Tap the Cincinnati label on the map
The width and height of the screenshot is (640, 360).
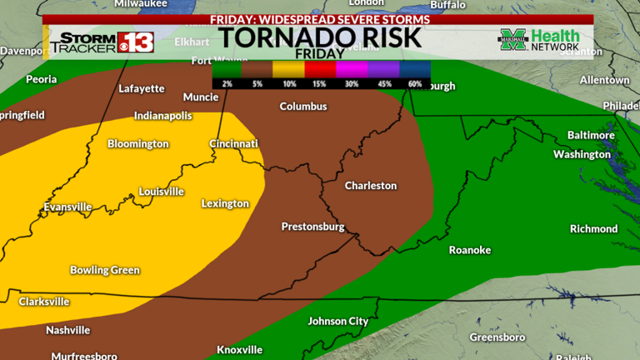click(233, 143)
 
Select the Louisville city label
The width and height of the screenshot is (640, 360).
click(161, 191)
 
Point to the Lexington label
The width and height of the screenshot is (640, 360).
click(225, 203)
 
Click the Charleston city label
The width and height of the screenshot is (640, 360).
click(371, 185)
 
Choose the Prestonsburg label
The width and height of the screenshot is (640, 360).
click(312, 226)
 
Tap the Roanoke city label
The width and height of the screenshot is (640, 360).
click(470, 250)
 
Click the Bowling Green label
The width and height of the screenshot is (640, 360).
click(105, 270)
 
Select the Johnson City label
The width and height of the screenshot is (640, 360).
click(338, 321)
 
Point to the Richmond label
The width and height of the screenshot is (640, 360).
click(593, 228)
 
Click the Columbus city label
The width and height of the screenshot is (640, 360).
click(303, 107)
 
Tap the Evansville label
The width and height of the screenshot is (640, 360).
click(68, 207)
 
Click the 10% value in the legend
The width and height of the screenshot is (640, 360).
click(288, 83)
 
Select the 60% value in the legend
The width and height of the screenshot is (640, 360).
click(416, 83)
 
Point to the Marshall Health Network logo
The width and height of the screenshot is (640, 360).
click(538, 40)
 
